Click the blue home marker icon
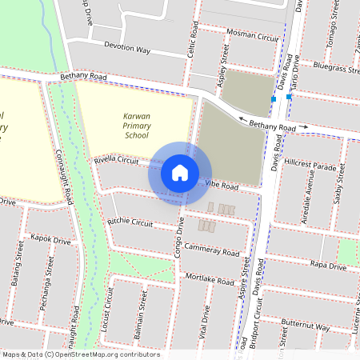pyautogui.click(x=180, y=172)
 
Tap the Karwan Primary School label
pyautogui.click(x=137, y=126)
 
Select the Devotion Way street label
pyautogui.click(x=122, y=49)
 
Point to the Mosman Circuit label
pyautogui.click(x=252, y=38)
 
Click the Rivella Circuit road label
pyautogui.click(x=117, y=162)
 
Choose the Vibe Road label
pyautogui.click(x=222, y=186)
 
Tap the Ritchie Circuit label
pyautogui.click(x=130, y=222)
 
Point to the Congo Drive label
pyautogui.click(x=180, y=236)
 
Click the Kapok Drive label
pyautogui.click(x=51, y=238)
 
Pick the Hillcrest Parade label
pyautogui.click(x=310, y=164)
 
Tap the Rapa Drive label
pyautogui.click(x=328, y=265)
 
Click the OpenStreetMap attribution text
pyautogui.click(x=81, y=354)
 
